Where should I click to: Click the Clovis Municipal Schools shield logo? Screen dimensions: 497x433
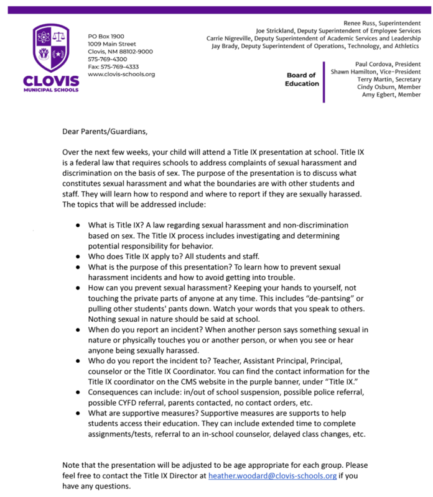[51, 48]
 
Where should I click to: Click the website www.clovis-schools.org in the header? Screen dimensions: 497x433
[121, 75]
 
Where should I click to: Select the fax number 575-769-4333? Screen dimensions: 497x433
[113, 66]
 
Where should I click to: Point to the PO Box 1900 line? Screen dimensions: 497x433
[106, 37]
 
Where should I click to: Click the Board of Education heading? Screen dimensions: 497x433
[302, 80]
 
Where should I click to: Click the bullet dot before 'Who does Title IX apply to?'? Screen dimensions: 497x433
[78, 256]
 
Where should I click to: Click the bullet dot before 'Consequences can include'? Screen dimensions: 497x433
[78, 393]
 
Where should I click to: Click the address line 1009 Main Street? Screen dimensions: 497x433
[112, 44]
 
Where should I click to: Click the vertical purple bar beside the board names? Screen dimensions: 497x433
[324, 81]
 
